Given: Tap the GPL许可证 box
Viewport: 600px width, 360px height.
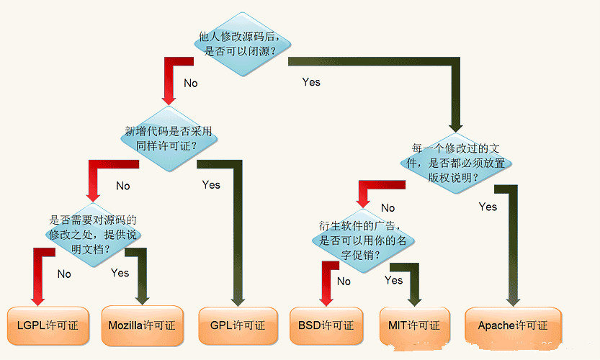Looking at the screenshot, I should coord(237,325).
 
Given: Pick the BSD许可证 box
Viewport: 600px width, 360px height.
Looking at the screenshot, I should coord(326,325).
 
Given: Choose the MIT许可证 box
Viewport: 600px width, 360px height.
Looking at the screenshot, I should coord(414,325).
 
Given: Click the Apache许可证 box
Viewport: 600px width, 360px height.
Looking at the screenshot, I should coord(512,325).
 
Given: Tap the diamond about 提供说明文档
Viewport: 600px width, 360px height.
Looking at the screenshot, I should coord(92,235).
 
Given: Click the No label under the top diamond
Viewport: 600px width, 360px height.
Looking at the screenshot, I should coord(190,84).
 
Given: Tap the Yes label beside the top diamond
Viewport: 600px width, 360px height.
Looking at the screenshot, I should coord(311,82).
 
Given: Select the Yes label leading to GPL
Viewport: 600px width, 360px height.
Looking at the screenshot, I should coord(211,185).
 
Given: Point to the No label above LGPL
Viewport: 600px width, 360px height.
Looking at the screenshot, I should coord(64,274).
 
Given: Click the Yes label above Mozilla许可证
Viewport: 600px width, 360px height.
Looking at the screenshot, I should coord(120,273).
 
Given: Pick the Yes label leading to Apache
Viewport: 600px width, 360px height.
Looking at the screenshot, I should coord(488,207).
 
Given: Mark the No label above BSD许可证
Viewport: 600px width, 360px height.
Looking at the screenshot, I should coord(344,281).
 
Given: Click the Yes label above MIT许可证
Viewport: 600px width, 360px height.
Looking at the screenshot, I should coord(393,280).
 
